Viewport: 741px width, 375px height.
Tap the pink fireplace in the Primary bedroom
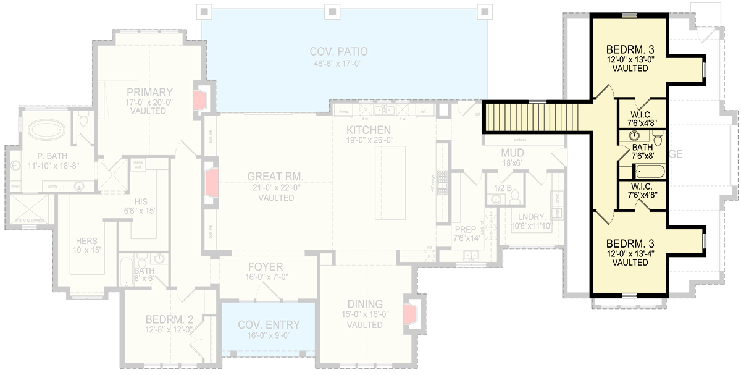[201, 99]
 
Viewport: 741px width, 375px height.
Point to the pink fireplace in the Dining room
[409, 316]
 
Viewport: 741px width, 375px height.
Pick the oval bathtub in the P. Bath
[47, 131]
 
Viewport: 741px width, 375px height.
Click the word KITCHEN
[368, 130]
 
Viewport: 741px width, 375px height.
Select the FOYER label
[266, 267]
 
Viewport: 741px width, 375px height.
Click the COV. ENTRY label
[269, 325]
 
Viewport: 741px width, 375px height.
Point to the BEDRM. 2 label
[169, 319]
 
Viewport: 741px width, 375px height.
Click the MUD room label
[513, 153]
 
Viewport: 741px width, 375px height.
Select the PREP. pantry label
[466, 228]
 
